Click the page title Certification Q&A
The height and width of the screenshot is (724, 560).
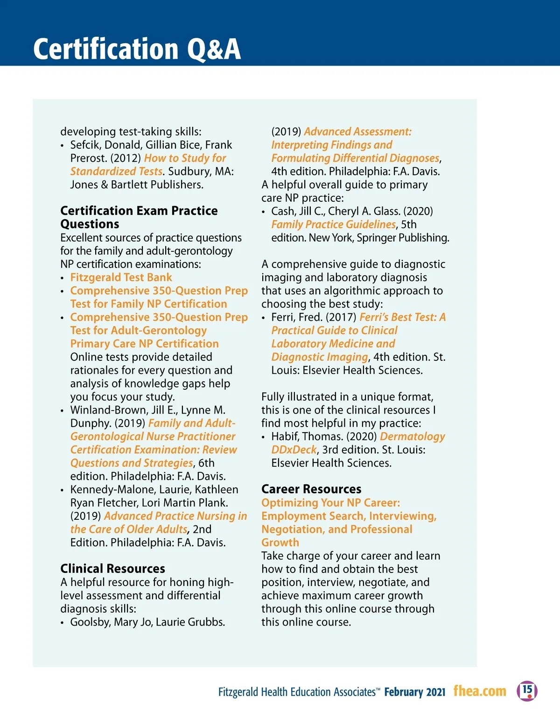click(x=137, y=49)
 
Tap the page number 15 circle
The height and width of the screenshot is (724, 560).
click(x=527, y=690)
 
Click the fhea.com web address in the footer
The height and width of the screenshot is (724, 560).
click(x=480, y=691)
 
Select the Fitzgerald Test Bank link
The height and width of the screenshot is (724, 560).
click(x=121, y=277)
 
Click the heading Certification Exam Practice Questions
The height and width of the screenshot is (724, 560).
click(x=139, y=217)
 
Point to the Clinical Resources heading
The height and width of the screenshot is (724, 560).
click(x=112, y=569)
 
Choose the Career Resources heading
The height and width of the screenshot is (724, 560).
click(x=311, y=489)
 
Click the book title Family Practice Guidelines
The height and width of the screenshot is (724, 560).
click(x=333, y=224)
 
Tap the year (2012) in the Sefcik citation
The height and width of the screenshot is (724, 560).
click(x=126, y=158)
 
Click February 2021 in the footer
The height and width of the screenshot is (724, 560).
click(x=415, y=692)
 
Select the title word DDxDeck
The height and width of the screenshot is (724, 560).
click(x=294, y=450)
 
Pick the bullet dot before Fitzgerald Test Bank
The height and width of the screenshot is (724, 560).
click(x=63, y=278)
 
